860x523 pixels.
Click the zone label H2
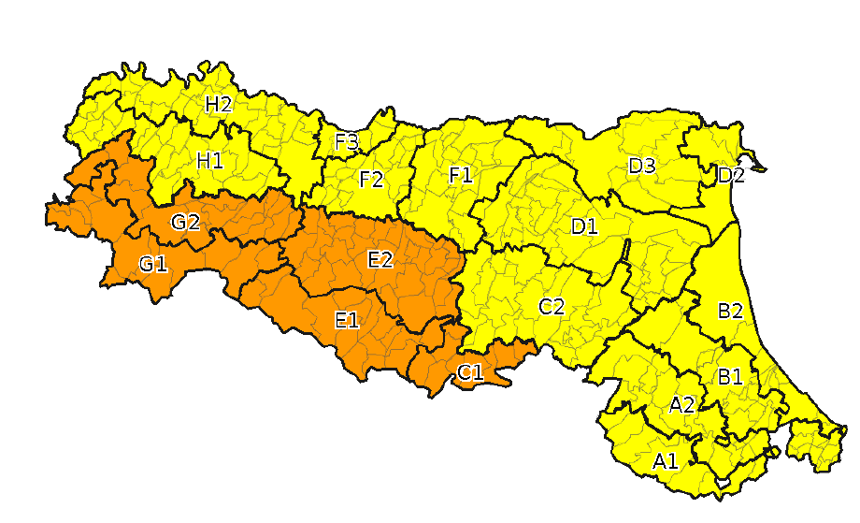[x=218, y=104]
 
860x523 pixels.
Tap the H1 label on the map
[x=209, y=160]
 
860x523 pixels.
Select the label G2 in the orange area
[x=185, y=222]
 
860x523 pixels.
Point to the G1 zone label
[x=152, y=264]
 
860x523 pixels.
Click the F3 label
[x=346, y=142]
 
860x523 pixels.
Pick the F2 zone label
[x=371, y=179]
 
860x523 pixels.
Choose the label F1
[x=460, y=175]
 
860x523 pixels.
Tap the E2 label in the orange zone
[x=380, y=260]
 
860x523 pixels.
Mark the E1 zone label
[x=346, y=320]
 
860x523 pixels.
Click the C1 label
[x=469, y=372]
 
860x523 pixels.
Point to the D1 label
[x=584, y=225]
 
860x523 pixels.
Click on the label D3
[x=641, y=167]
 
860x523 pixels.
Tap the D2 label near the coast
[x=731, y=175]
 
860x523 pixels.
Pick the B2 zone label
[x=730, y=312]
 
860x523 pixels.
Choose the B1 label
[x=729, y=376]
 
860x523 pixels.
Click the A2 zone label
[x=681, y=405]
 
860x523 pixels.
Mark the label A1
[x=665, y=460]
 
